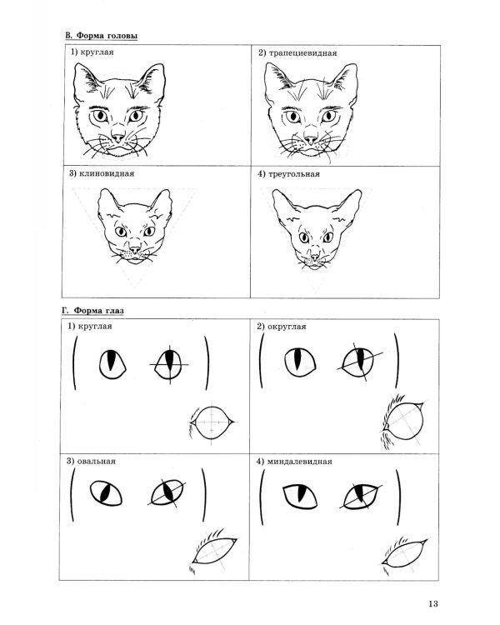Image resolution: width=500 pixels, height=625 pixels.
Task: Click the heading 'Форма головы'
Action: click(107, 36)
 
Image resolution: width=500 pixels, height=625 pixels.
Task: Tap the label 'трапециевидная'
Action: click(302, 53)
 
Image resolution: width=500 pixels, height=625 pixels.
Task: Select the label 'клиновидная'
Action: click(107, 173)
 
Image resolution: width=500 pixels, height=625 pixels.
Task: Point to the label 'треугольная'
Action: click(294, 174)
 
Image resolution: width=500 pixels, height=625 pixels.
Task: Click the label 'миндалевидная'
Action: click(299, 462)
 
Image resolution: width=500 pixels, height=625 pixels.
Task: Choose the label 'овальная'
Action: click(96, 461)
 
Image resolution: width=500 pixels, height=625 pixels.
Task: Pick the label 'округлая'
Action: click(287, 327)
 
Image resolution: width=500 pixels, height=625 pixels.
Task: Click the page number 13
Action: click(433, 604)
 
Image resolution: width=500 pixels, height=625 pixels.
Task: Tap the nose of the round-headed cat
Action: click(118, 137)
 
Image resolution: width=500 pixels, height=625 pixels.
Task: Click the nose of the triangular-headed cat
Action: click(315, 257)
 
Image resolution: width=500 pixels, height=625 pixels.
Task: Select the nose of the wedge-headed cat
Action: click(135, 250)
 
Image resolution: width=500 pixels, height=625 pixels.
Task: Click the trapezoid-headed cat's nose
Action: click(311, 139)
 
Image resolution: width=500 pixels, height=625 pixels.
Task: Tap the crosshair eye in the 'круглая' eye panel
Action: click(169, 365)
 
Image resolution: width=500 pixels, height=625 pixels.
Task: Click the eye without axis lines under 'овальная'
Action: click(106, 493)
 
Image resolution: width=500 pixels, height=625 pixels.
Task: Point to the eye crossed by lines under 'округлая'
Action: click(360, 362)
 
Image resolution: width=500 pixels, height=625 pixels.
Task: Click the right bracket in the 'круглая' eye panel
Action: click(207, 363)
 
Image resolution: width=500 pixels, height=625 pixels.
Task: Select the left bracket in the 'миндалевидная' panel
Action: click(262, 497)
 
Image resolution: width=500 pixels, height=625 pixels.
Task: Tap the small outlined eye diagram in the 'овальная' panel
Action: click(214, 552)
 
